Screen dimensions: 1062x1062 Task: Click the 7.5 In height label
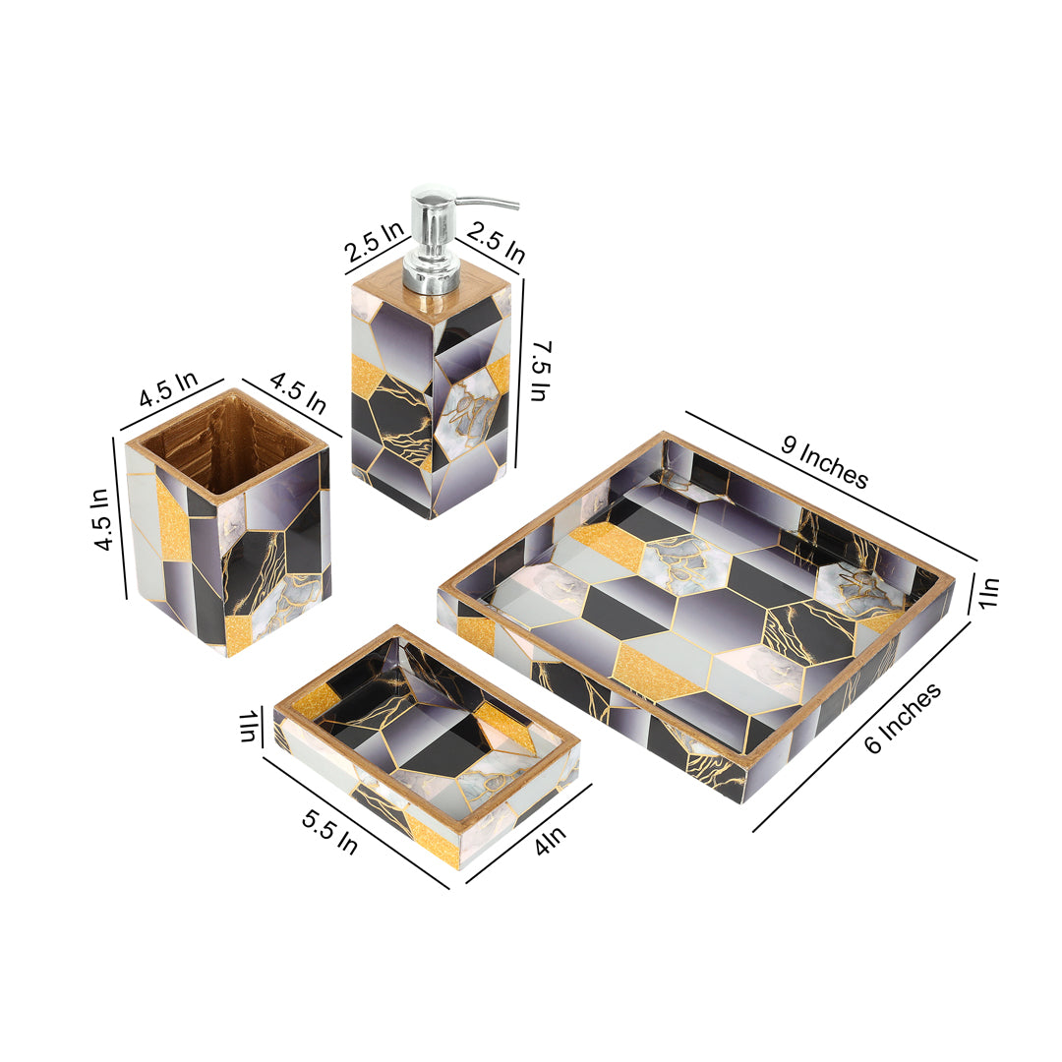(541, 371)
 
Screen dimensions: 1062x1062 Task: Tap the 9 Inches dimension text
(824, 462)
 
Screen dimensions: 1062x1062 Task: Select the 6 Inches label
(903, 718)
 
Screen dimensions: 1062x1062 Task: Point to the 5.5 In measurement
(329, 832)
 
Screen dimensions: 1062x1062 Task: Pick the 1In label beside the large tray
(989, 593)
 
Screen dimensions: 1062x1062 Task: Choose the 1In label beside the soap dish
(249, 726)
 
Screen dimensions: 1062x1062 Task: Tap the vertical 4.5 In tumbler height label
(101, 519)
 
